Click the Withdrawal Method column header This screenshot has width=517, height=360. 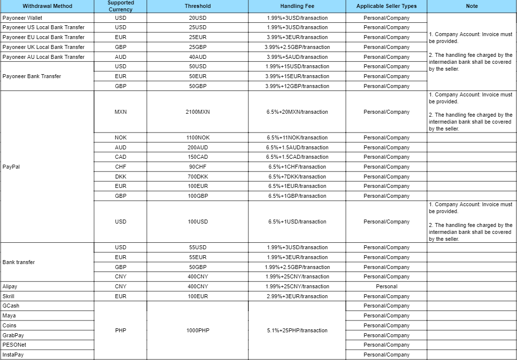(47, 6)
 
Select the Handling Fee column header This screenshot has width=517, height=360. (297, 6)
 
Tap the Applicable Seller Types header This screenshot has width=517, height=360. (386, 6)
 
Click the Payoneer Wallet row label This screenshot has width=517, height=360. (22, 18)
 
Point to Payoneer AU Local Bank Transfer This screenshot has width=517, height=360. (44, 57)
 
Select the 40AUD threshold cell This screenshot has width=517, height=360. (197, 57)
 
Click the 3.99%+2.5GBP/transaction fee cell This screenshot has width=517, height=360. (297, 47)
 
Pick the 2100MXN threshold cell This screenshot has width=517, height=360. (197, 112)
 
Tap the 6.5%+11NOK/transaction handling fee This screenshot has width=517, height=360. (297, 137)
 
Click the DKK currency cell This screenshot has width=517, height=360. (120, 177)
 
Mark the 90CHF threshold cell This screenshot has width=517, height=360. (197, 167)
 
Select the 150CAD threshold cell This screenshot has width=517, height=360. (197, 157)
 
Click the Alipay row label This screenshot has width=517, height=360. (10, 286)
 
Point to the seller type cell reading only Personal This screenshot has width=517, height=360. (386, 286)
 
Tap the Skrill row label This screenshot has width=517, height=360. (8, 296)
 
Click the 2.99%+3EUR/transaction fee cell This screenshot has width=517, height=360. (297, 296)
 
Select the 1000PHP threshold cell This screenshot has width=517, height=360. (197, 330)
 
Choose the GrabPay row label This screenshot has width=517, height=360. (13, 335)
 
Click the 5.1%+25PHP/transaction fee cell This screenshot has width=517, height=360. (297, 330)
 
